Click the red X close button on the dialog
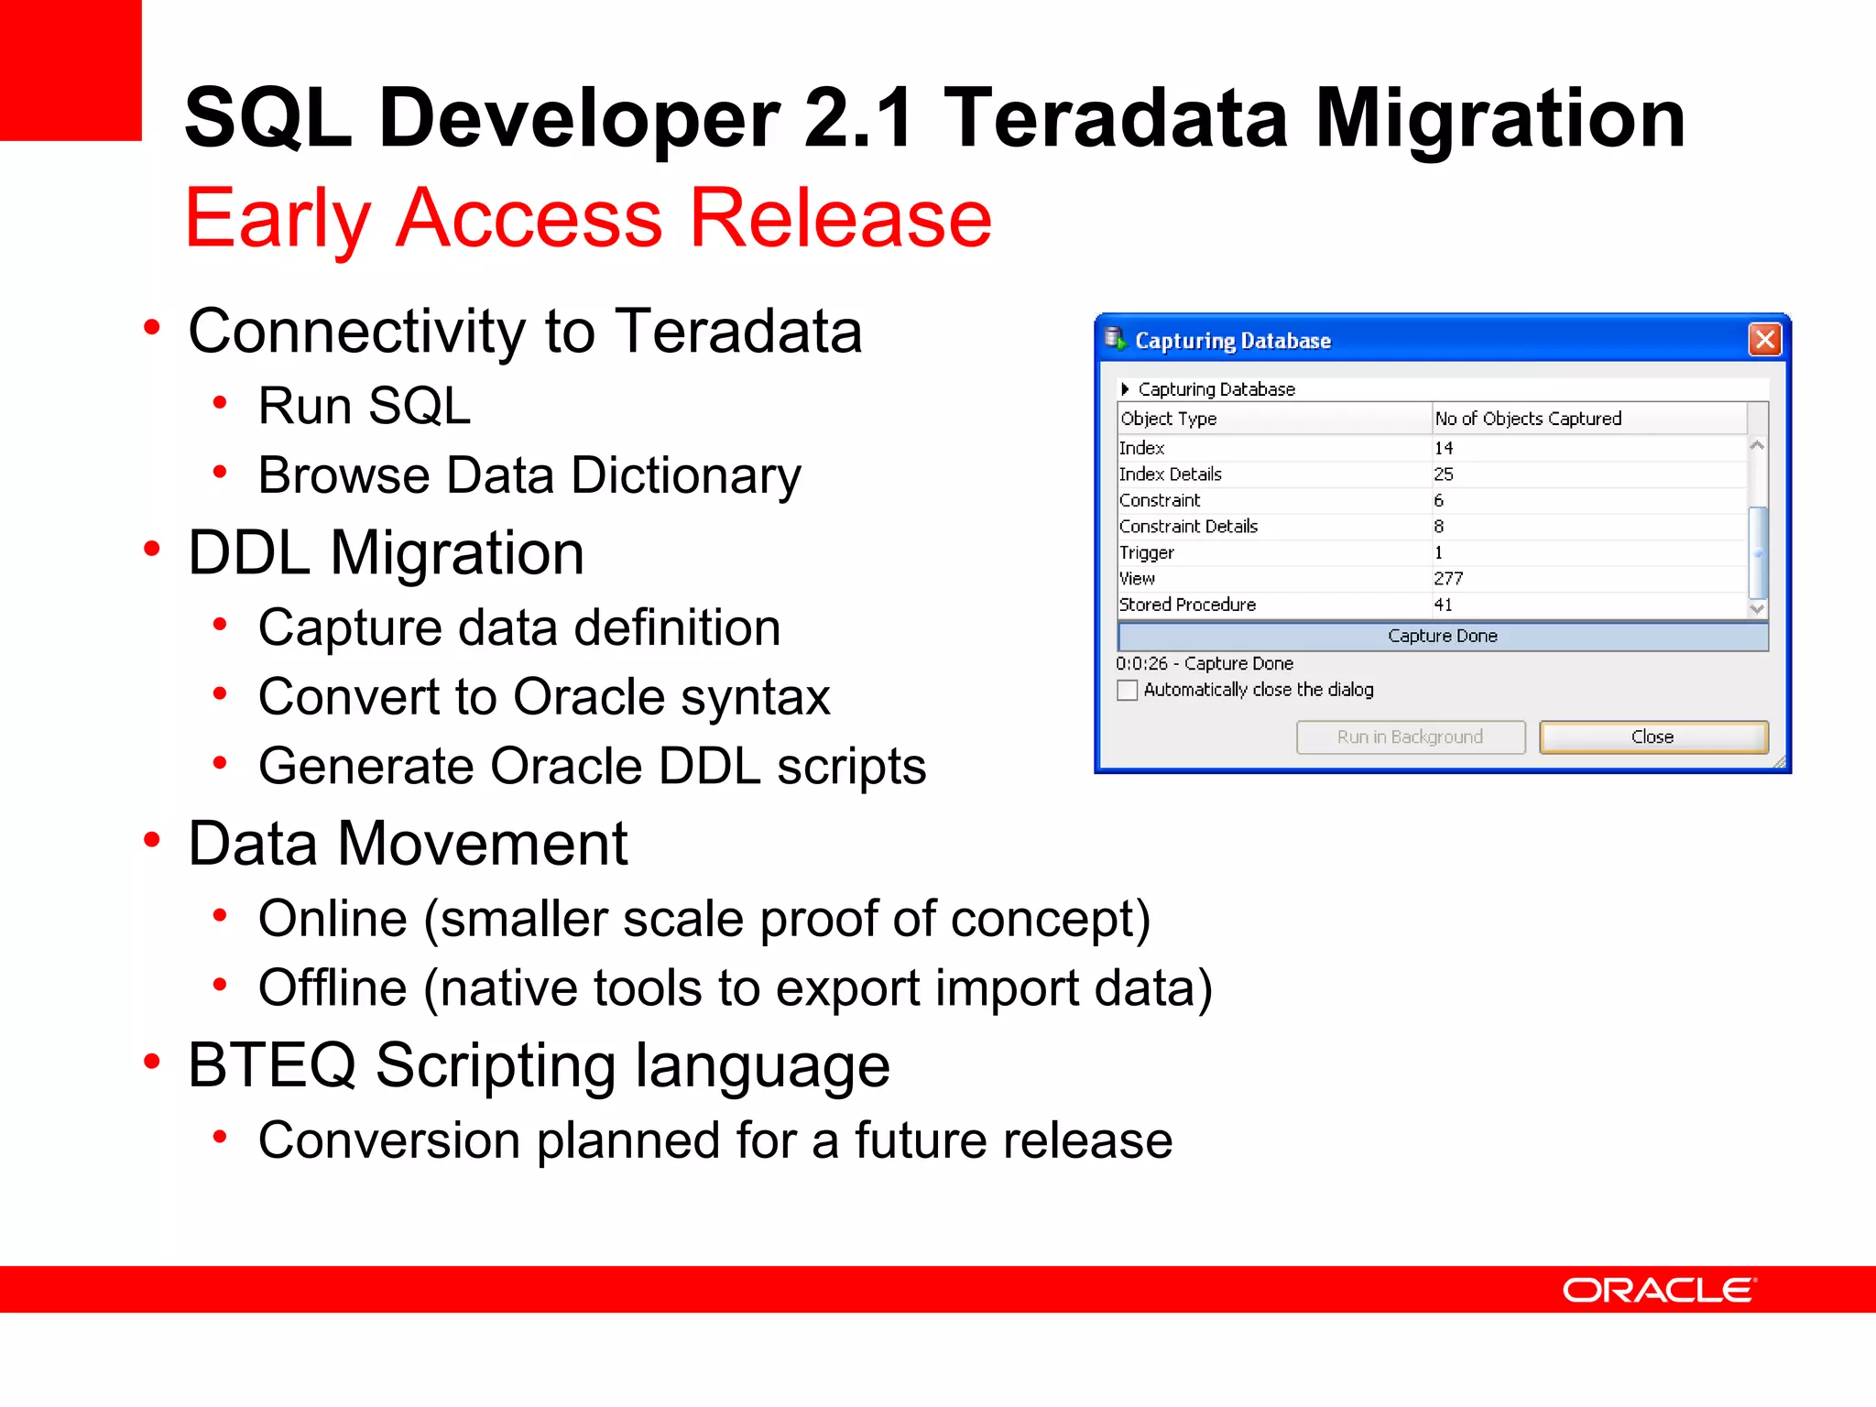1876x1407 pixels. (x=1764, y=340)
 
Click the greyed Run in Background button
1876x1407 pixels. (x=1410, y=737)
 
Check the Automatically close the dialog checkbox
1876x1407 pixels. (x=1128, y=690)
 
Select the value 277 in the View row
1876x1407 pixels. (x=1448, y=579)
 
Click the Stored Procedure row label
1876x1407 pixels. (x=1187, y=605)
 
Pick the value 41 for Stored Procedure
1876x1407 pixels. (x=1444, y=605)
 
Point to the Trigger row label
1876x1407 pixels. (x=1147, y=552)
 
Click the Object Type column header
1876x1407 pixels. (x=1169, y=419)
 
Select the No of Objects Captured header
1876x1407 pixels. (x=1528, y=419)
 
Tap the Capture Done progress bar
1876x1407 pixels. (x=1442, y=636)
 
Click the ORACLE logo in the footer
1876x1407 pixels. (x=1659, y=1290)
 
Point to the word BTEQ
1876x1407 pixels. (x=271, y=1065)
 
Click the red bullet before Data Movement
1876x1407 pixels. (x=152, y=839)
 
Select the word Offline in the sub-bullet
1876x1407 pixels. (x=333, y=988)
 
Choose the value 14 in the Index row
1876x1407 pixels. (x=1444, y=448)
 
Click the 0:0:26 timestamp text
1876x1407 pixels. (x=1141, y=663)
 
